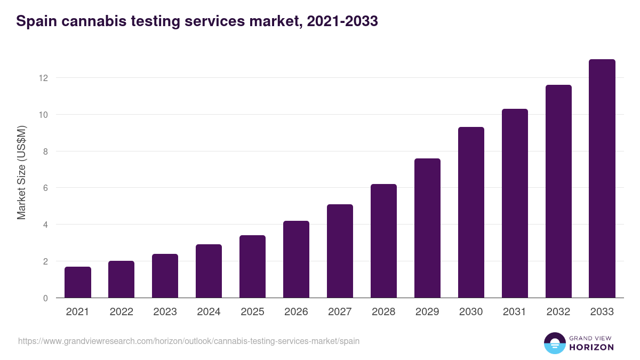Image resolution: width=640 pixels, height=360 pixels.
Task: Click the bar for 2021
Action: (78, 282)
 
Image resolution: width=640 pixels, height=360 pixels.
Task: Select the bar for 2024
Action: (209, 271)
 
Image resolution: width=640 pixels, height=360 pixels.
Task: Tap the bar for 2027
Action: (340, 251)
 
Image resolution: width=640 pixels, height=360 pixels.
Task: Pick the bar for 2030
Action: (471, 212)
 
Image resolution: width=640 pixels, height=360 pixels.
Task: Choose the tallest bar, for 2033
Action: (602, 179)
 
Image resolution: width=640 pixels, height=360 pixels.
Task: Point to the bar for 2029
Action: (427, 228)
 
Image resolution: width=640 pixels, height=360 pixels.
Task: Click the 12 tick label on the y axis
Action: (43, 78)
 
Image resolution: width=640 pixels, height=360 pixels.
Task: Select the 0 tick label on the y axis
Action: (45, 298)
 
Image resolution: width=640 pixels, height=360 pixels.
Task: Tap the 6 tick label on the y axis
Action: (45, 188)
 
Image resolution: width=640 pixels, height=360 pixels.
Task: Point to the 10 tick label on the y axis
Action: (43, 115)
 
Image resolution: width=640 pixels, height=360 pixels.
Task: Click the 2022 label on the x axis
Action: (121, 312)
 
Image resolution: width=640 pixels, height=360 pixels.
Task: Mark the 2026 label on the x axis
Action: (296, 312)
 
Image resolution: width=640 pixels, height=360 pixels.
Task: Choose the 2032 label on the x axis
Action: (558, 312)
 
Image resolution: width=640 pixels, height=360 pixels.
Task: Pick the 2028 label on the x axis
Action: (383, 312)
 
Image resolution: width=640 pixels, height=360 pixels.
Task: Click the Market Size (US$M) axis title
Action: (21, 172)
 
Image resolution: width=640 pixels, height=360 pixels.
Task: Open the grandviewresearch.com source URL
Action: (189, 341)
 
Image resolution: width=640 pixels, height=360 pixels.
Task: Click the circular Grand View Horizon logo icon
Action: (554, 343)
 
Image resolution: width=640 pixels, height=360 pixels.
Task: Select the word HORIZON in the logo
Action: (591, 347)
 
